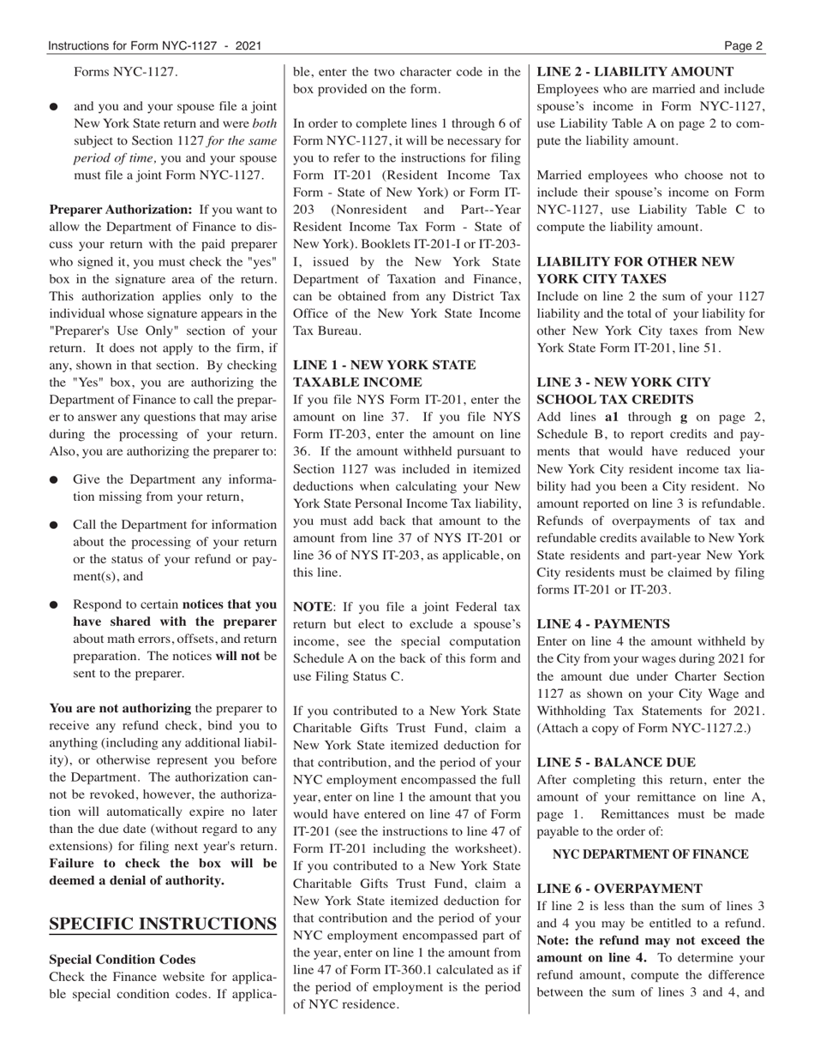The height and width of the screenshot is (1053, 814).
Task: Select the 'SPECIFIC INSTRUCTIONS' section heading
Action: tap(163, 924)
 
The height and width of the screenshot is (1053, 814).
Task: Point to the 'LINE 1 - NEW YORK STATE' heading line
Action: tap(384, 365)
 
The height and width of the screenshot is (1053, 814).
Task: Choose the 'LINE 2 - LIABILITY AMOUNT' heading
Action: tap(635, 72)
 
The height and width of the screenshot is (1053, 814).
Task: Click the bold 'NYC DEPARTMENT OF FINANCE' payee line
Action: tap(650, 854)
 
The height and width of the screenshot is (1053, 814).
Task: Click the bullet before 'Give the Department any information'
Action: tap(54, 481)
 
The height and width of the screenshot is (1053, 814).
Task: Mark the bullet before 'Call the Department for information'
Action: tap(54, 525)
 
